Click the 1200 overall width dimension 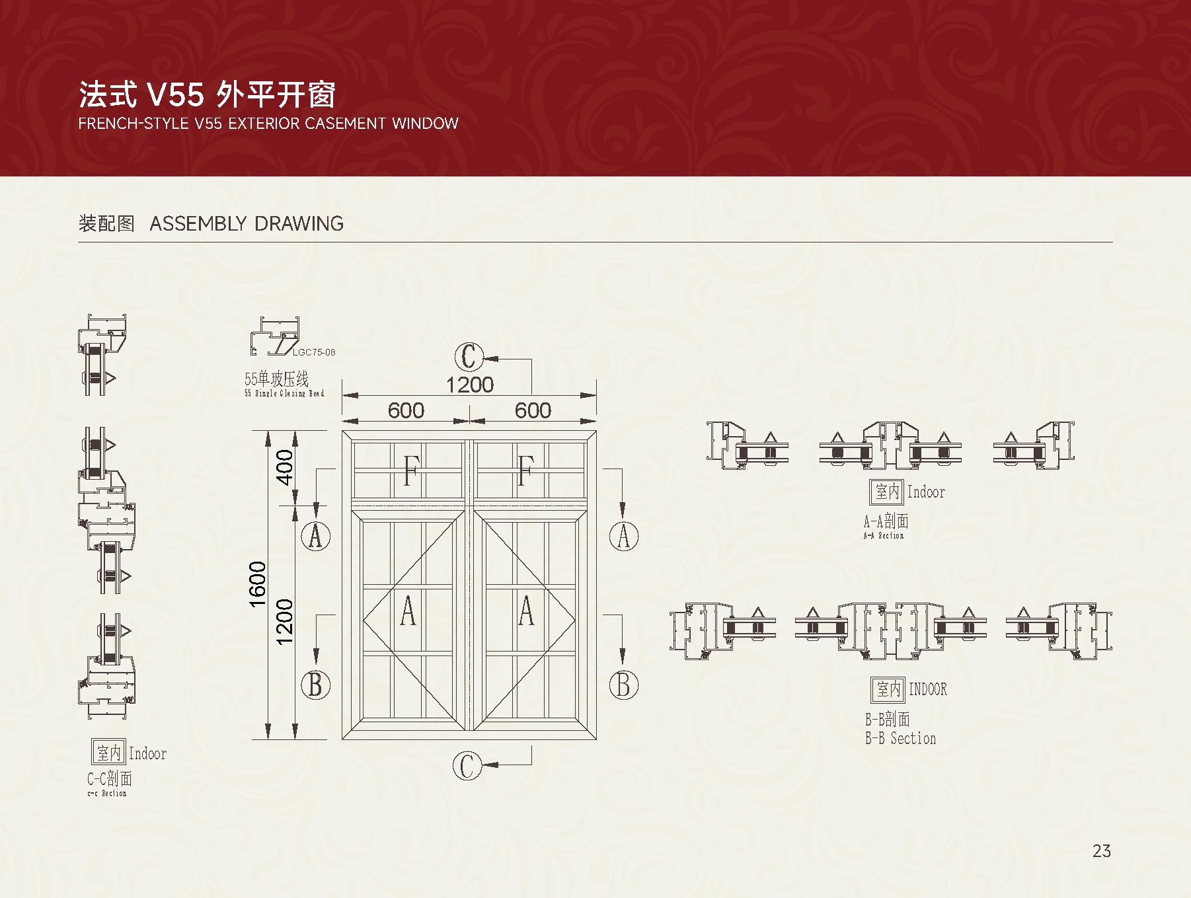pos(469,385)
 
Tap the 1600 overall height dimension pos(258,583)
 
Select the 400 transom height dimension pos(284,467)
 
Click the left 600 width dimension pos(406,410)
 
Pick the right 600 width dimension pos(533,410)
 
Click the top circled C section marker pos(469,357)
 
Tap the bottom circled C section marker pos(467,765)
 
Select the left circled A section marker pos(316,535)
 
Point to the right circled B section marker pos(623,685)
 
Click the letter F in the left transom pos(410,470)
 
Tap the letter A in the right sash pos(526,611)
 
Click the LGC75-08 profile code pos(314,352)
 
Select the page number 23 pos(1101,851)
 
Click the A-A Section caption pos(884,535)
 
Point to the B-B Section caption pos(900,738)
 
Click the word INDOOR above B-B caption pos(927,689)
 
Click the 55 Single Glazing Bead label pos(284,394)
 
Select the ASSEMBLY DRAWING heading pos(247,223)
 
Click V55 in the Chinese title pos(175,95)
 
